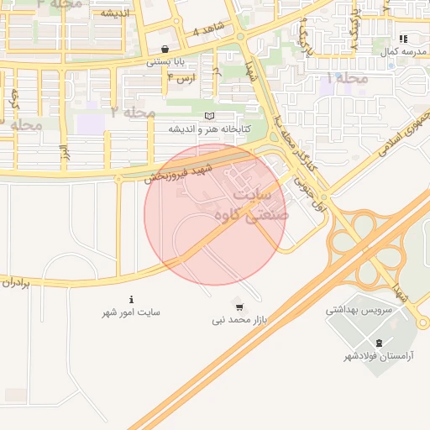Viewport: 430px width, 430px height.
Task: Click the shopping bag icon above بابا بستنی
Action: (164, 49)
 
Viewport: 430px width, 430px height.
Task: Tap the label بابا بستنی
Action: (164, 61)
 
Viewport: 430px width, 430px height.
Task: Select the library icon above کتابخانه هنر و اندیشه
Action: (209, 116)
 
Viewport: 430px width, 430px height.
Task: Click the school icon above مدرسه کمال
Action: (403, 39)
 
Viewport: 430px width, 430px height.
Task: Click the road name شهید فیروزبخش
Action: (177, 172)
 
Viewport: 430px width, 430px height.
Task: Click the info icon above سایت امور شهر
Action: (131, 300)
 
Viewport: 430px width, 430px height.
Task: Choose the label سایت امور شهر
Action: (131, 312)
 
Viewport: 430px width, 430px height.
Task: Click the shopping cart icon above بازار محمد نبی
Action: (239, 307)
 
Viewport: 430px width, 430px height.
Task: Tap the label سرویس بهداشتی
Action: (359, 310)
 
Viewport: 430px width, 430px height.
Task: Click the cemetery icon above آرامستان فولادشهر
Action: (379, 343)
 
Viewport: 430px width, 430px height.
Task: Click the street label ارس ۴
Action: (181, 77)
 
